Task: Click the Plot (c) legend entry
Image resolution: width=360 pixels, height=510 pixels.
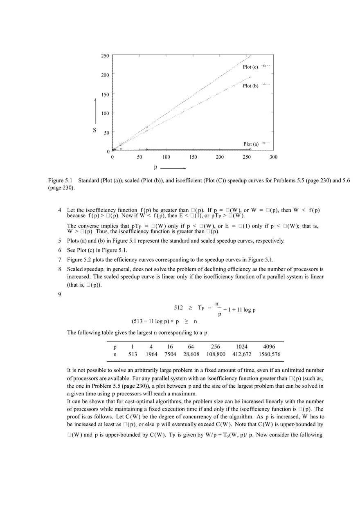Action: (250, 67)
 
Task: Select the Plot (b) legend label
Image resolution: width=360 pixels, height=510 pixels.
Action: (250, 86)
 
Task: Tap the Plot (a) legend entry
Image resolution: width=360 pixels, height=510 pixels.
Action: (251, 144)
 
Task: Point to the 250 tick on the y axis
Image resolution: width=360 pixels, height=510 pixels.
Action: (105, 56)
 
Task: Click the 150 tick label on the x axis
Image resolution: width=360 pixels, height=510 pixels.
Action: (193, 157)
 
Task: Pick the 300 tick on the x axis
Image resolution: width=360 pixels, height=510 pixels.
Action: (273, 157)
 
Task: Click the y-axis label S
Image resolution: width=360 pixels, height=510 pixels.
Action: (95, 130)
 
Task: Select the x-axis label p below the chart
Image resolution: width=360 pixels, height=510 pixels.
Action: (155, 167)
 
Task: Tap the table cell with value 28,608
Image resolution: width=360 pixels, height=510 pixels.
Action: (191, 354)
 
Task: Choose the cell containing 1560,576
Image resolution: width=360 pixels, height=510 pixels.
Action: (269, 354)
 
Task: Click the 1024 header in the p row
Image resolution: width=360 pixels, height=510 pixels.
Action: (242, 346)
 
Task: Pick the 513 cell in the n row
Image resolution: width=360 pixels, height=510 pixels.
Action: (133, 354)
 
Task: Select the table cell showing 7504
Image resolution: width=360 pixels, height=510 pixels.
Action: (170, 354)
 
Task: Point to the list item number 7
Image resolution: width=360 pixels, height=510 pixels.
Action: (60, 260)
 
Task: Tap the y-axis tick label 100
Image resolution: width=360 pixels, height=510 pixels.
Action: (105, 113)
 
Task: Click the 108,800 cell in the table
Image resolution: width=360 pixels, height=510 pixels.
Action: (216, 354)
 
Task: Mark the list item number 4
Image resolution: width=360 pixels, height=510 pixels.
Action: (60, 210)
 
